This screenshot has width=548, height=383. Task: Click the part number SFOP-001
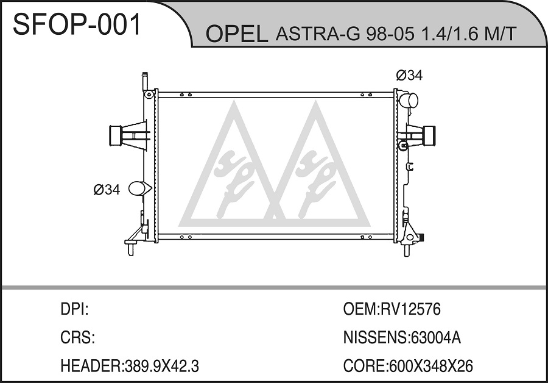pyautogui.click(x=77, y=24)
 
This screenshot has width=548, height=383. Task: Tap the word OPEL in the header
pyautogui.click(x=237, y=34)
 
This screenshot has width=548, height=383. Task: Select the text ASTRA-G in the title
pyautogui.click(x=318, y=34)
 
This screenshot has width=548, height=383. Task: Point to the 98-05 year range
pyautogui.click(x=390, y=34)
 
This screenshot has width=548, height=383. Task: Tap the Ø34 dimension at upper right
pyautogui.click(x=409, y=75)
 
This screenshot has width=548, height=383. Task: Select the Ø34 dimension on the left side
pyautogui.click(x=107, y=190)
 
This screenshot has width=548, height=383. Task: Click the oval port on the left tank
pyautogui.click(x=137, y=188)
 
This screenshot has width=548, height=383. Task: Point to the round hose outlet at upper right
pyautogui.click(x=409, y=100)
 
